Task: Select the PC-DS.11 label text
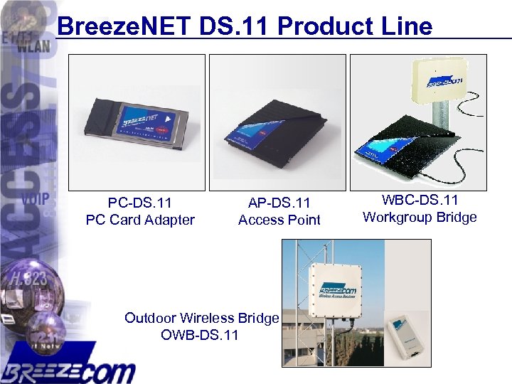[x=139, y=203]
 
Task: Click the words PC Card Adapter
[x=139, y=220]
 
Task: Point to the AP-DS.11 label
[x=279, y=203]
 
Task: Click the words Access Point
[x=279, y=220]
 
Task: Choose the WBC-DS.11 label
[x=420, y=201]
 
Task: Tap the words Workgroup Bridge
[x=420, y=217]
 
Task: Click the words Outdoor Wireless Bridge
[x=201, y=318]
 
